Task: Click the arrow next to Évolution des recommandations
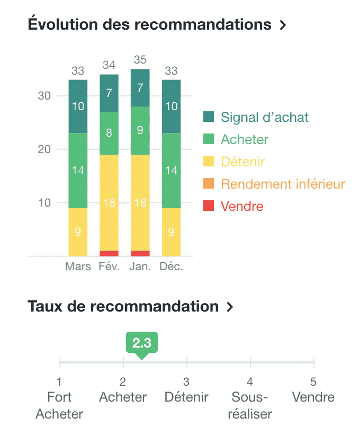point(283,25)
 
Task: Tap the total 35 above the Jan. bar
point(140,59)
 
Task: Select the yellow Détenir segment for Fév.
point(109,202)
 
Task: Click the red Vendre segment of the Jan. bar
point(140,253)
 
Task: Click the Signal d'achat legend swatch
point(209,117)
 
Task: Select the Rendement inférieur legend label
point(283,184)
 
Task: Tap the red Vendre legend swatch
point(209,206)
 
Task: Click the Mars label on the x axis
point(78,267)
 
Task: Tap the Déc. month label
point(172,267)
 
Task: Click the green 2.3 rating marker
point(141,343)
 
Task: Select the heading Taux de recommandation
point(123,306)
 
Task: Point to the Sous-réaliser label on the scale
point(249,405)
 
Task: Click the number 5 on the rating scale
point(313,381)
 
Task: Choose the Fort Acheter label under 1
point(59,405)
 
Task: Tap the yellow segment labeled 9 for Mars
point(78,232)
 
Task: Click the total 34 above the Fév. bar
point(109,65)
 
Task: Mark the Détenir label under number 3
point(186,397)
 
